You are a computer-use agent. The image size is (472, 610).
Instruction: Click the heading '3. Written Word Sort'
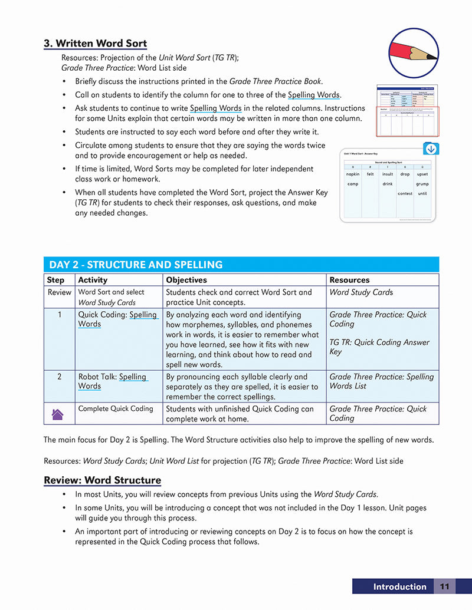[95, 44]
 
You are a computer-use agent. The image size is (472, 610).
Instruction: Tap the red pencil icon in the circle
[412, 52]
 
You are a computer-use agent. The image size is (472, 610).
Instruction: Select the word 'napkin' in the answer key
[353, 174]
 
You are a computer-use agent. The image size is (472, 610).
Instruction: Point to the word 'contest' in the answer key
[405, 193]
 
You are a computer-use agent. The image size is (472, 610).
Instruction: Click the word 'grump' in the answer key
[422, 184]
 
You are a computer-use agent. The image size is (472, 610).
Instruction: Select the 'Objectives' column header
[186, 280]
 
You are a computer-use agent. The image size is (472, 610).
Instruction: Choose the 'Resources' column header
[349, 280]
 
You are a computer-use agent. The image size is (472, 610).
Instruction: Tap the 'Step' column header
[55, 280]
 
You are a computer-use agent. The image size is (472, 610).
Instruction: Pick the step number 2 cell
[59, 377]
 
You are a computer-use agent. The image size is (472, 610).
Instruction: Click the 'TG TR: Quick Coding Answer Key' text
[379, 347]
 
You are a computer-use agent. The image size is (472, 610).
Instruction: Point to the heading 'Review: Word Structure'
[102, 480]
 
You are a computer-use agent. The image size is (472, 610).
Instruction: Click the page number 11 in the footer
[444, 586]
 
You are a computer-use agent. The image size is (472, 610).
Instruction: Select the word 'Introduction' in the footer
[399, 586]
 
